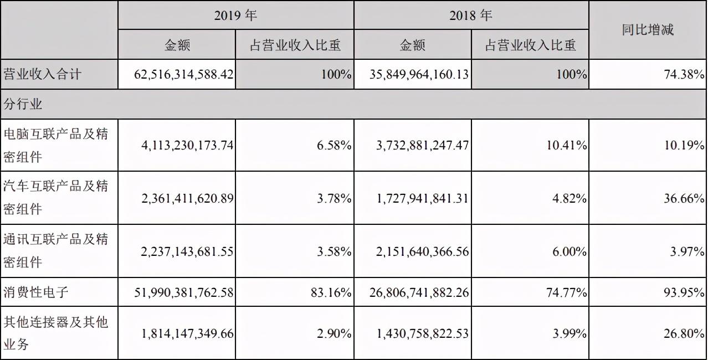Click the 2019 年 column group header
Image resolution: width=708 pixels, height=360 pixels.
pyautogui.click(x=235, y=16)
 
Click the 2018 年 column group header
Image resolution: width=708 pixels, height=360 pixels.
pyautogui.click(x=470, y=16)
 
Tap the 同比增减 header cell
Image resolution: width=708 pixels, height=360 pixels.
pyautogui.click(x=647, y=30)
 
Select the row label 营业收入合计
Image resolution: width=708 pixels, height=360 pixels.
pyautogui.click(x=42, y=74)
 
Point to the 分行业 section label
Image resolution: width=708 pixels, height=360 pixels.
pyautogui.click(x=23, y=104)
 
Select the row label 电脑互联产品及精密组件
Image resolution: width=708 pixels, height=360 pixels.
pyautogui.click(x=55, y=145)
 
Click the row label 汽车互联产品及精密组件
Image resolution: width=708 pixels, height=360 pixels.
pyautogui.click(x=55, y=198)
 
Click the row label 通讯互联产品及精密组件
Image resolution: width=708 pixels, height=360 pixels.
pyautogui.click(x=55, y=251)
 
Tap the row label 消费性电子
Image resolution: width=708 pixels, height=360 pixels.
pyautogui.click(x=36, y=292)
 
